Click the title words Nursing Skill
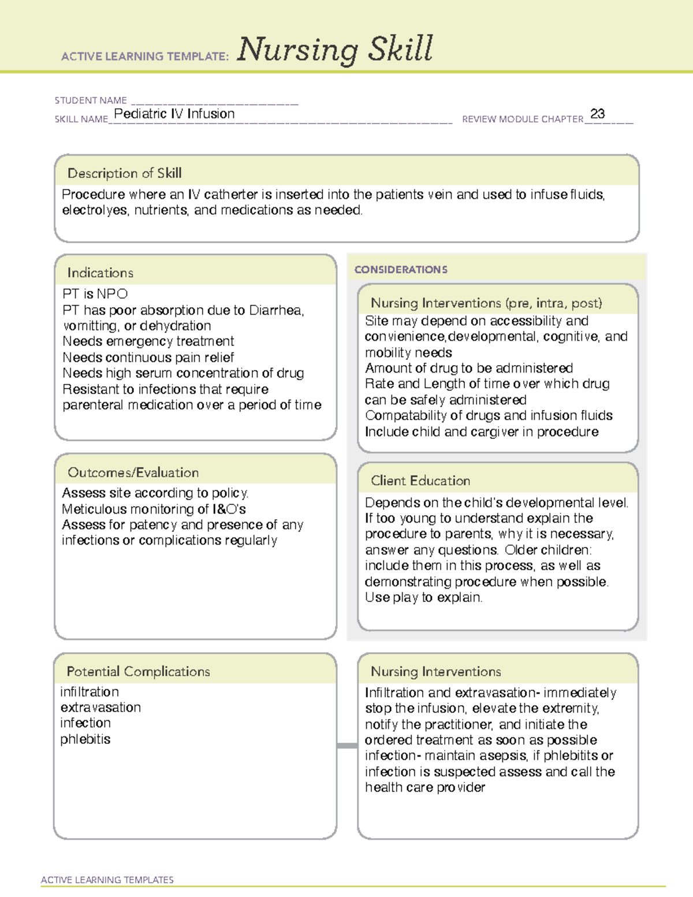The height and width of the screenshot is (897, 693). [x=335, y=49]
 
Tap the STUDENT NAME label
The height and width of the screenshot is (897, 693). [x=91, y=101]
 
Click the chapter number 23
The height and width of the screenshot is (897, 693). [x=597, y=114]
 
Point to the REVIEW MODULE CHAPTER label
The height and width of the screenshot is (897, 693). [x=523, y=119]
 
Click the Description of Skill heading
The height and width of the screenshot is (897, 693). [x=124, y=173]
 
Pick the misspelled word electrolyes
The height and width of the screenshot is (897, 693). [x=94, y=210]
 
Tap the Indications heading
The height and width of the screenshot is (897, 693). [x=100, y=273]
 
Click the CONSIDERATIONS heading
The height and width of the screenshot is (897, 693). [x=401, y=270]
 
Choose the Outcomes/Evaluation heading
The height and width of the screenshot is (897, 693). [x=133, y=472]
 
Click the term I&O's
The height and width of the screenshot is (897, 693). [x=229, y=509]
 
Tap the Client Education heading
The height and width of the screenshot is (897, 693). [x=420, y=481]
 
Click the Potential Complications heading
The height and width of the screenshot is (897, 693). [x=138, y=671]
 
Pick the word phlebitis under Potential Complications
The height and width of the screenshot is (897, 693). [x=85, y=739]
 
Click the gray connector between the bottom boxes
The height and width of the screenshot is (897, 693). [x=347, y=746]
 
